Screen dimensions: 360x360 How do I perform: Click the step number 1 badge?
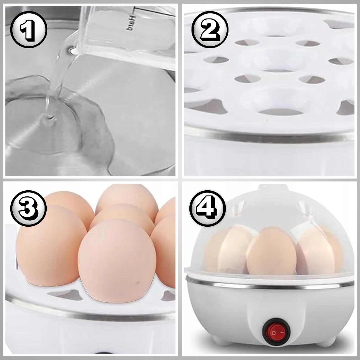[29, 30]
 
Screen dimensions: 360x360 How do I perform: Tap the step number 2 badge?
[210, 30]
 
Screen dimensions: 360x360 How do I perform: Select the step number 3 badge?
[28, 208]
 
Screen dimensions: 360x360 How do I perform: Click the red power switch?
[276, 333]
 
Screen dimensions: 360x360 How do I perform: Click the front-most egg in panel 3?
[117, 261]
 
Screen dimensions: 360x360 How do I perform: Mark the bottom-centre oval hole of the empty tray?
[281, 112]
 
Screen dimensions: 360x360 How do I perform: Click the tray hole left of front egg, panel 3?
[65, 295]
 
